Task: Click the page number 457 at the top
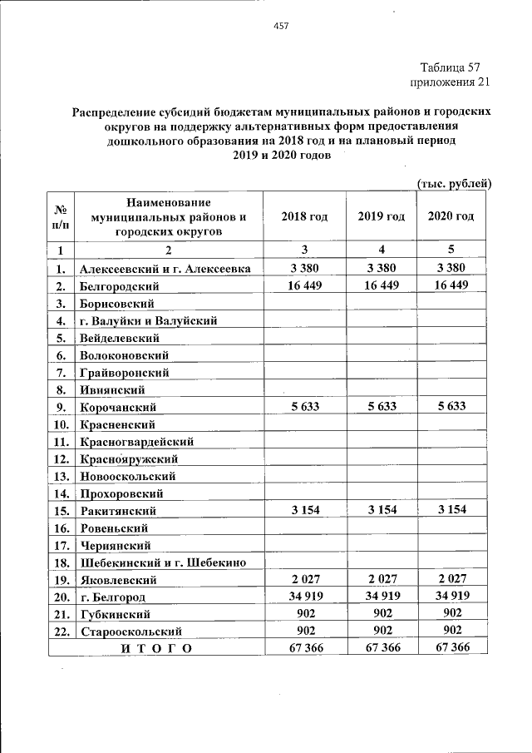click(280, 27)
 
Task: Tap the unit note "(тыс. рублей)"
click(454, 183)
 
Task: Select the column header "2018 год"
click(304, 216)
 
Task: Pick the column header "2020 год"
click(451, 216)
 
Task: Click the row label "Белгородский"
click(120, 286)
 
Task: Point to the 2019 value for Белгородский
click(381, 285)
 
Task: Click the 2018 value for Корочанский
click(304, 407)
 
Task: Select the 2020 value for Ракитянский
click(451, 510)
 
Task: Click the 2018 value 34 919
click(304, 596)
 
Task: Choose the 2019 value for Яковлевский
click(381, 579)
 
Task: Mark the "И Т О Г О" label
click(156, 648)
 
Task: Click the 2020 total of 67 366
click(451, 648)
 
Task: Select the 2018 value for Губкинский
click(304, 613)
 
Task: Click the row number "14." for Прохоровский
click(61, 493)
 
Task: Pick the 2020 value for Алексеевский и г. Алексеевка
click(451, 268)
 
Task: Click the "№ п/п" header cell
click(61, 216)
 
